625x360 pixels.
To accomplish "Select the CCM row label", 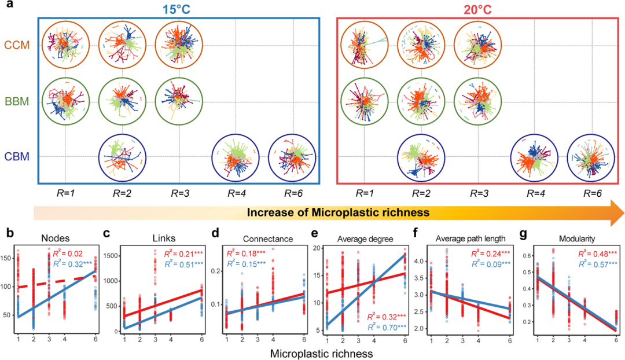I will click(x=17, y=44).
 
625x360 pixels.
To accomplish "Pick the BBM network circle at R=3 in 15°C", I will click(x=179, y=100).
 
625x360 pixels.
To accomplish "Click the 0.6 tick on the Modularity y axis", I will click(x=527, y=255).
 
